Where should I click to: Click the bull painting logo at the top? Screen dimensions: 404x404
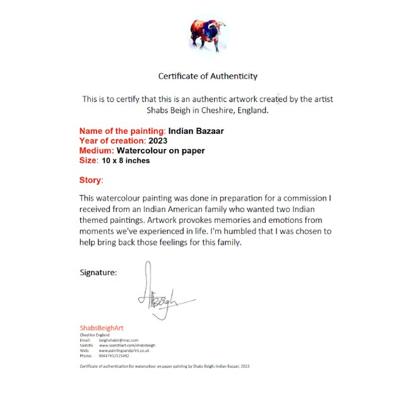point(208,35)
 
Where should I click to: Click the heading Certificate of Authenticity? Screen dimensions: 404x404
point(208,76)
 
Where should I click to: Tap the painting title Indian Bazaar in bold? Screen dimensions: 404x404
point(196,131)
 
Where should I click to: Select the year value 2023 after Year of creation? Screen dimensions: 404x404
point(158,141)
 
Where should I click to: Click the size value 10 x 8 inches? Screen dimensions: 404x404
point(126,160)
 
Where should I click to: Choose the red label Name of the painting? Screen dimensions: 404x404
point(122,131)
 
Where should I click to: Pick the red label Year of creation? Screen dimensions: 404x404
point(112,141)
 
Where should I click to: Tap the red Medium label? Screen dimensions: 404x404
point(97,151)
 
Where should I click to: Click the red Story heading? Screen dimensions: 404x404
point(91,181)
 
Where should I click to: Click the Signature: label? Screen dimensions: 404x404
point(98,273)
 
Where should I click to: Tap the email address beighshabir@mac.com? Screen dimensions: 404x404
point(119,340)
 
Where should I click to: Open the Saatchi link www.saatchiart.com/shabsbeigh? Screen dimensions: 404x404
point(127,345)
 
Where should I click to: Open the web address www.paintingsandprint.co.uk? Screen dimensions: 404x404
point(124,350)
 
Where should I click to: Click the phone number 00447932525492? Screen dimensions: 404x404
point(114,355)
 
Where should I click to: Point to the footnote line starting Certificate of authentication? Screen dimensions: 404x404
point(165,366)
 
